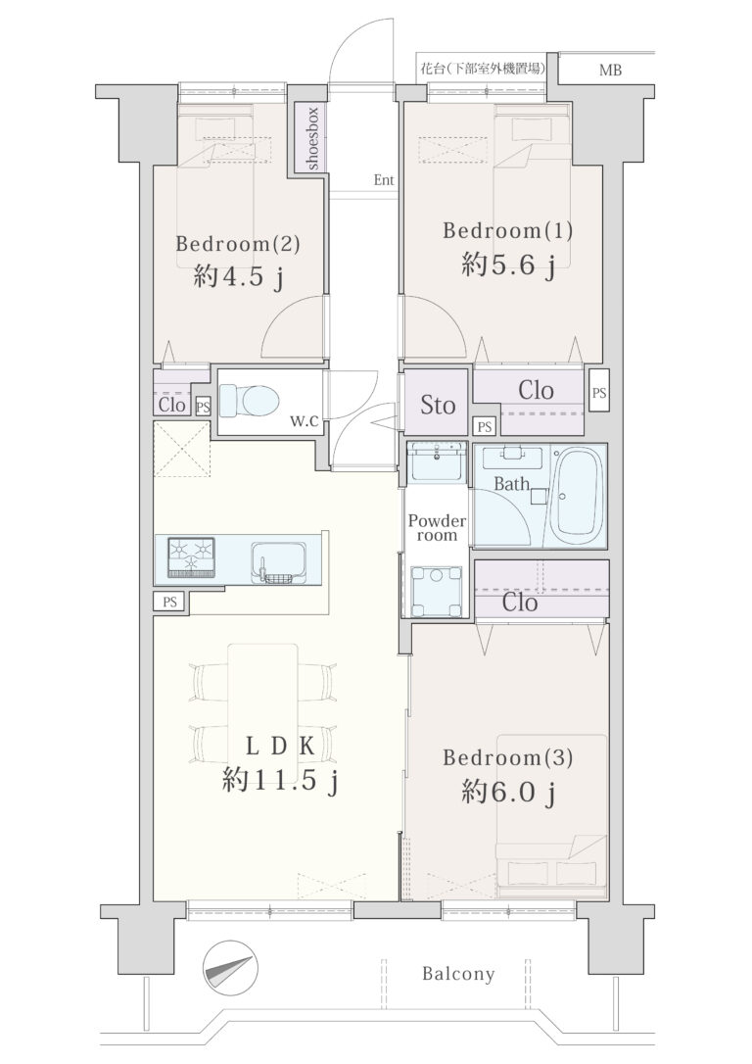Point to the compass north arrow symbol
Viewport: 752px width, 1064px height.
coord(230,968)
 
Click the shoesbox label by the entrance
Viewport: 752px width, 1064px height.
coord(312,138)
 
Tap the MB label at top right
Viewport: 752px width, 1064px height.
coord(610,70)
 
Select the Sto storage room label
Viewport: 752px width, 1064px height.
coord(438,405)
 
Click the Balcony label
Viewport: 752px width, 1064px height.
coord(458,974)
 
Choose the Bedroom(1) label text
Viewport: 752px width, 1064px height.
coord(508,230)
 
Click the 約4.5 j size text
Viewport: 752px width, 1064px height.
coord(237,277)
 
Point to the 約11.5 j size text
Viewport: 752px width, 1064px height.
coord(280,783)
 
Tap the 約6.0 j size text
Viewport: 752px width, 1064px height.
coord(508,792)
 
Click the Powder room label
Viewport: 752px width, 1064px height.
coord(437,528)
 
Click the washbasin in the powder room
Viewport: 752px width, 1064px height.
coord(437,462)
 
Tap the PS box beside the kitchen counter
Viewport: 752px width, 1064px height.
coord(169,602)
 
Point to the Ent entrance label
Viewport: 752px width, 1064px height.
coord(384,180)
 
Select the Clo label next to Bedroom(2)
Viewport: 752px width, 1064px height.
coord(171,405)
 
